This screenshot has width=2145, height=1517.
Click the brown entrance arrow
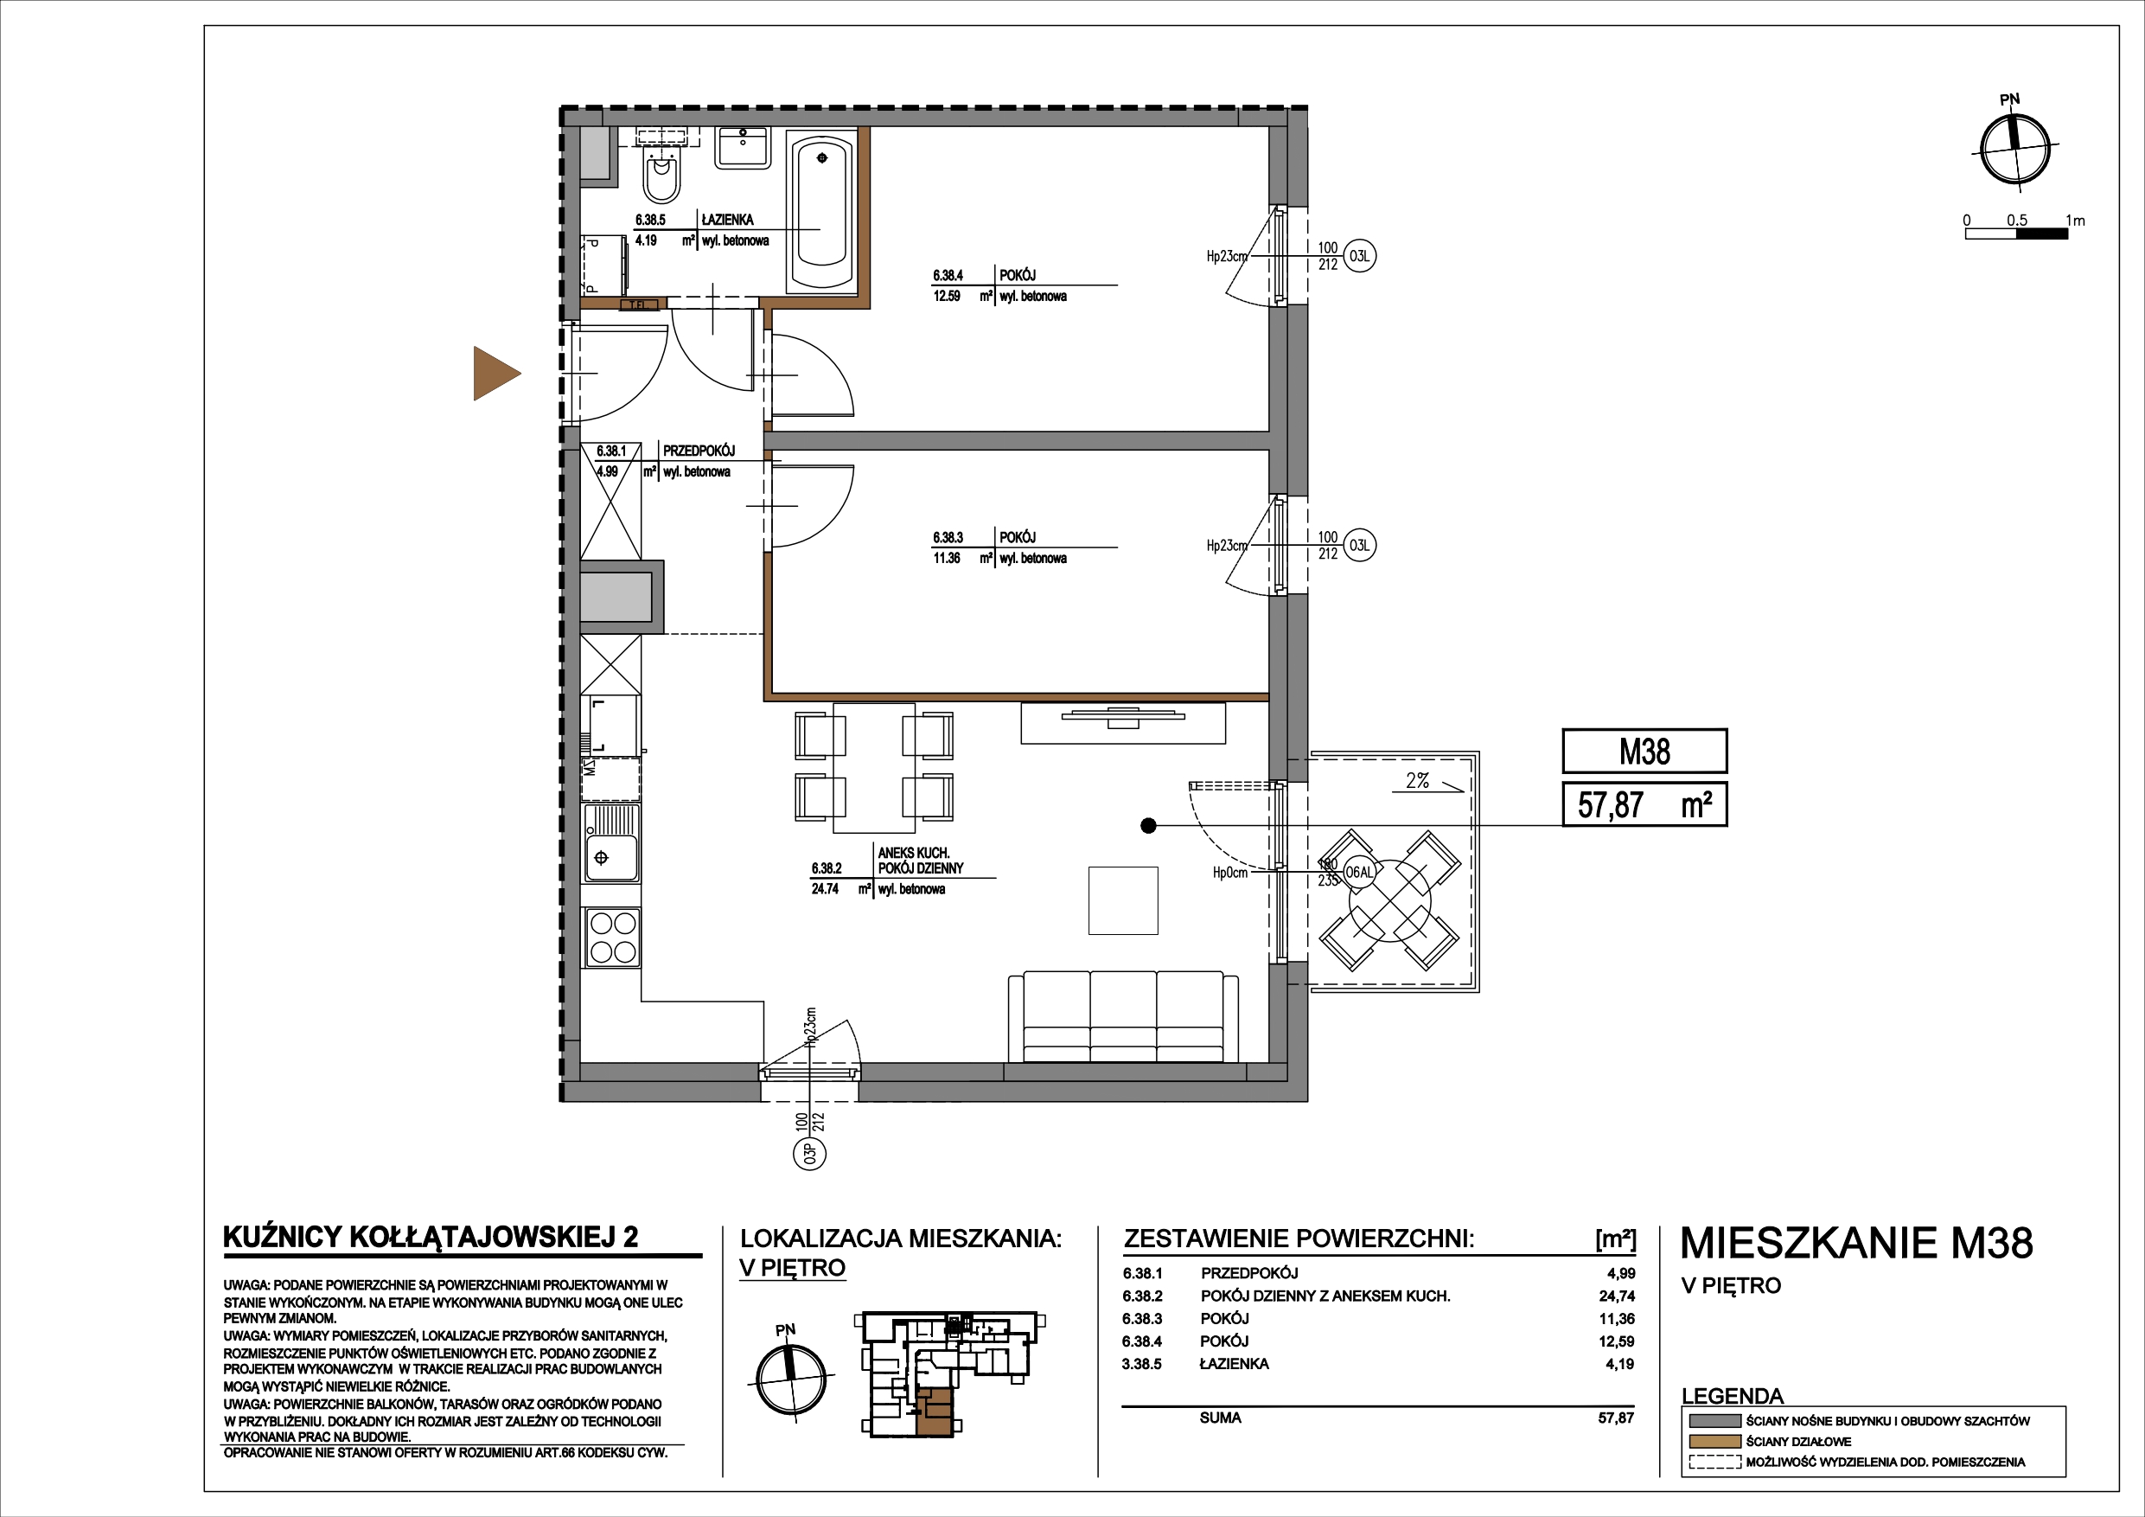coord(495,373)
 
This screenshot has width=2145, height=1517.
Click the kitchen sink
coord(612,845)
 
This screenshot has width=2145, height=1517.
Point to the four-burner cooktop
coord(612,938)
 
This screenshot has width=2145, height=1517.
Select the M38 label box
coord(1644,752)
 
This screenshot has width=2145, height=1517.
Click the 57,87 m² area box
coord(1644,804)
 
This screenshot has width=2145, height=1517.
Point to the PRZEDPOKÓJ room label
coord(699,451)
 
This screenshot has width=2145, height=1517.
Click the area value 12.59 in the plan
coord(947,298)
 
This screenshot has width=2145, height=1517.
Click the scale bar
coord(2016,233)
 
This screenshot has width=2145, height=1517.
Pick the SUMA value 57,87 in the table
coord(1616,1418)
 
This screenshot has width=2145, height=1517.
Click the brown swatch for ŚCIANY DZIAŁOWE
coord(1715,1441)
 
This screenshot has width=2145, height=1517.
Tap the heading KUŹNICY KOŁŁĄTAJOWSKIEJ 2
coord(431,1237)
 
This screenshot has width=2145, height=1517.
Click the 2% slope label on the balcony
coord(1417,780)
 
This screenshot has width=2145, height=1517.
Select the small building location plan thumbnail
coord(953,1373)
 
